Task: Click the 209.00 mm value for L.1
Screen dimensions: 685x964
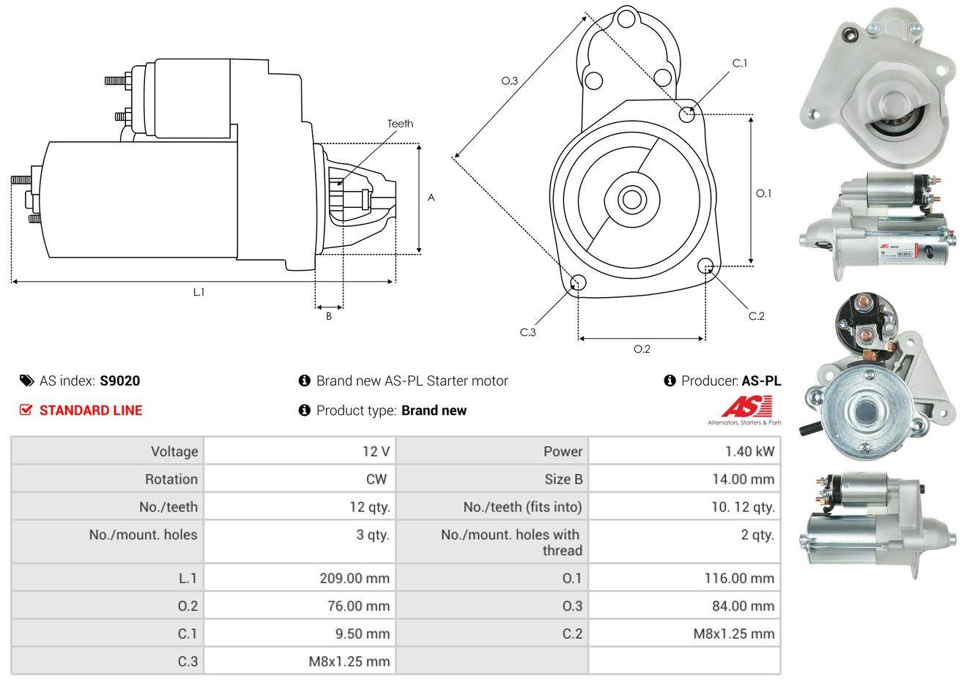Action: (355, 578)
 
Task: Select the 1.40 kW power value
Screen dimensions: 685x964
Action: (749, 451)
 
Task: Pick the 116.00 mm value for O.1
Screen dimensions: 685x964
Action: (739, 578)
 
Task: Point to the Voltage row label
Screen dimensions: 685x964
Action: (174, 451)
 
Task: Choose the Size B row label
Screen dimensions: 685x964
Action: (557, 479)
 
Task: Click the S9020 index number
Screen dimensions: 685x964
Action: (119, 381)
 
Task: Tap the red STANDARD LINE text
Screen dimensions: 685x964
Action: (91, 411)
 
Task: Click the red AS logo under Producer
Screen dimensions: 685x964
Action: (746, 406)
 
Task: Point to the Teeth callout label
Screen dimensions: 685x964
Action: (400, 124)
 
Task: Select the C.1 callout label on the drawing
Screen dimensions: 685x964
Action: (740, 63)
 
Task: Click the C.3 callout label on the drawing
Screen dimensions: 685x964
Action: (528, 332)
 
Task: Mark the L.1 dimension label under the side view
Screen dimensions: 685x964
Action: (199, 291)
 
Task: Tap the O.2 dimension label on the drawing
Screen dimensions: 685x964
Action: (642, 349)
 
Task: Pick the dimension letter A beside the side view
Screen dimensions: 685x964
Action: (431, 198)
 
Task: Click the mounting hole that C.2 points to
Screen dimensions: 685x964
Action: (706, 266)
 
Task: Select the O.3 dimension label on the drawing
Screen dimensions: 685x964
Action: (510, 81)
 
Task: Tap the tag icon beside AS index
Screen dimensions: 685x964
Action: (26, 381)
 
